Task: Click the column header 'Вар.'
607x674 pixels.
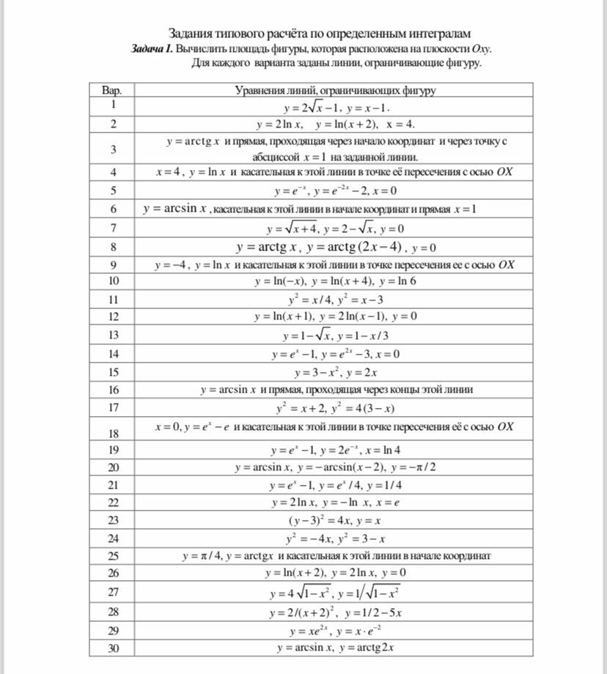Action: (x=113, y=91)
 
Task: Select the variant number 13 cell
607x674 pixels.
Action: (x=113, y=335)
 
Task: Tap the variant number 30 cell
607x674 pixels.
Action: (x=113, y=648)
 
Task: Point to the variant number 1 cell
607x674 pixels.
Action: (x=113, y=105)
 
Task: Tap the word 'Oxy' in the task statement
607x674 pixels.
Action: (x=480, y=49)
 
